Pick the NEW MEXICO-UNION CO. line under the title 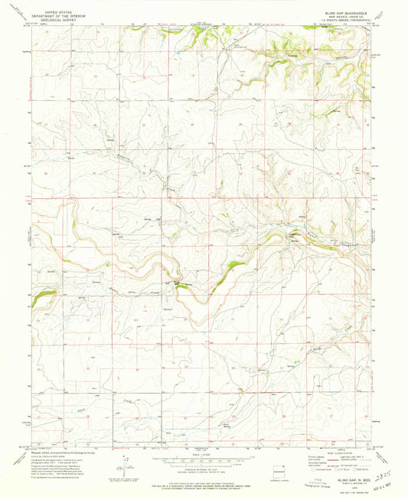[x=346, y=16]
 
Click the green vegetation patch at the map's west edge [x=39, y=297]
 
